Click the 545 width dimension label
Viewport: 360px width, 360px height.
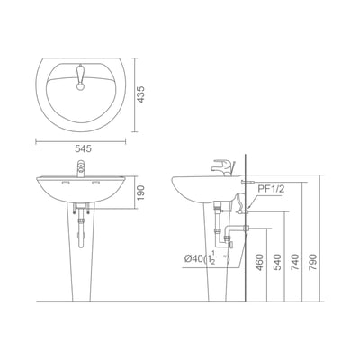83,148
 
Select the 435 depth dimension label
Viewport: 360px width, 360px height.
140,94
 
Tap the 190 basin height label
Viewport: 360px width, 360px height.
140,193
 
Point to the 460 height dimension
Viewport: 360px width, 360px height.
260,262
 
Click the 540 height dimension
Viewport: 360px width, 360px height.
277,262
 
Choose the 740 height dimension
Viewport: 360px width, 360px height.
295,262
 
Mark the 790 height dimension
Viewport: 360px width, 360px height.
312,262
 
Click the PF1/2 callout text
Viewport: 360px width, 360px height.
271,189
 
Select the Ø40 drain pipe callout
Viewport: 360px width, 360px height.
207,259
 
